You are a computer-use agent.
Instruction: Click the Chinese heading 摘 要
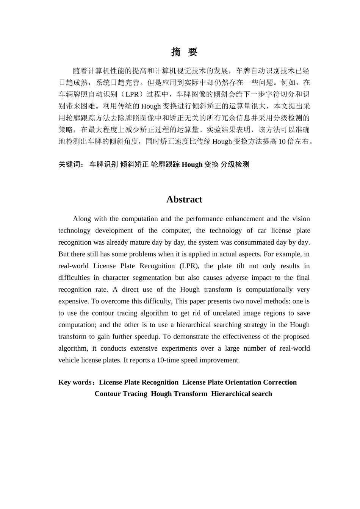184,52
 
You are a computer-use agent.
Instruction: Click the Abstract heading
184,200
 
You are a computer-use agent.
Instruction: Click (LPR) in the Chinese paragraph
132,94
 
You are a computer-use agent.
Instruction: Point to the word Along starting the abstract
82,219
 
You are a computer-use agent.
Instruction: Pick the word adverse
238,278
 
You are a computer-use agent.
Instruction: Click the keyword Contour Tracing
121,394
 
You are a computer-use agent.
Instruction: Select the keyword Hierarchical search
241,394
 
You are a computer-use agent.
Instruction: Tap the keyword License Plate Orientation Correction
239,383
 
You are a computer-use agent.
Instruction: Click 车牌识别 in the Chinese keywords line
103,164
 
